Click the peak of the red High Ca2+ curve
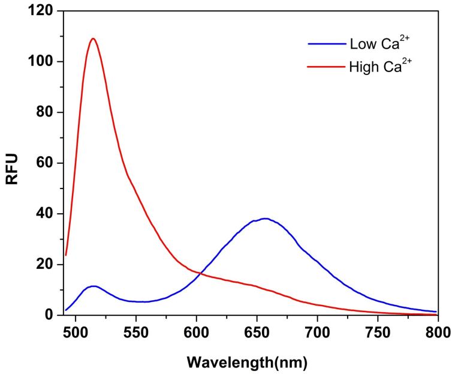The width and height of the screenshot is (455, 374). [x=93, y=39]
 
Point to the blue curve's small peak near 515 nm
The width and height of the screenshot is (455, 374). [x=93, y=286]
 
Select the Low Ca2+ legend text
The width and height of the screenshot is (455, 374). [x=373, y=44]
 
